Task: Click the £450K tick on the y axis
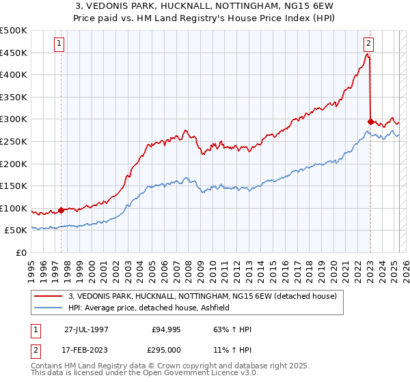pos(14,53)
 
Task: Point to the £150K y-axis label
pos(14,186)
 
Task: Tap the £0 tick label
pos(21,252)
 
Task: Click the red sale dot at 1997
pos(61,210)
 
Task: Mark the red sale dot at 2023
pos(370,121)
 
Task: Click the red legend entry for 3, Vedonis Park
pos(202,296)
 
